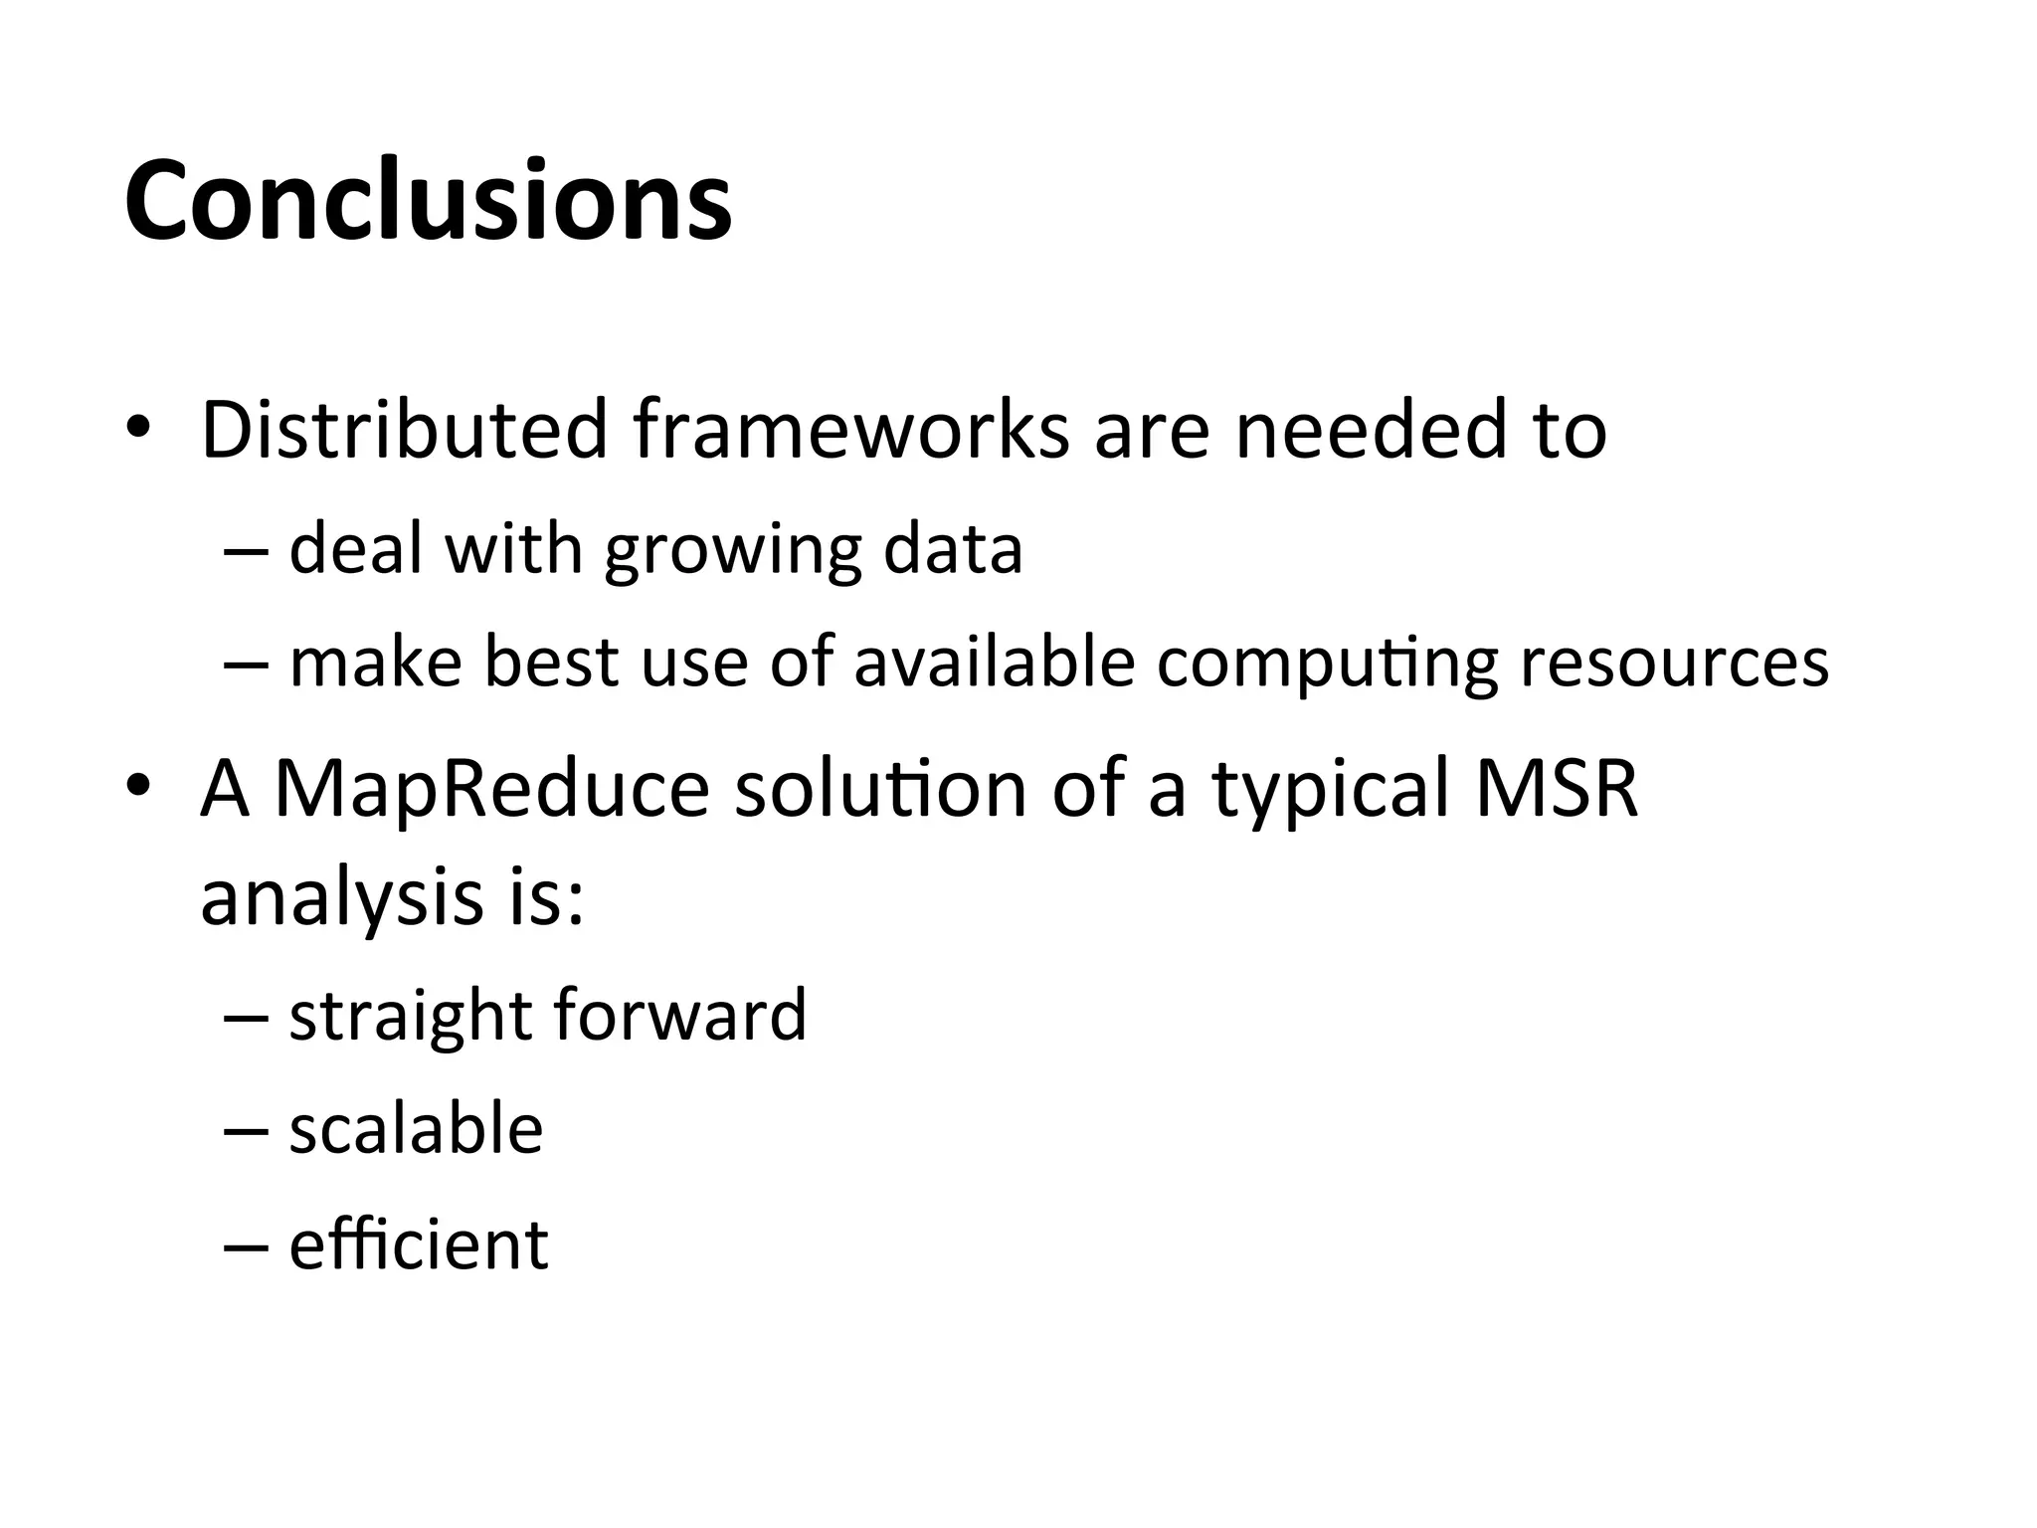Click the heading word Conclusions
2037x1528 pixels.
(x=428, y=201)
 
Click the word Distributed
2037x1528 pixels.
(x=404, y=430)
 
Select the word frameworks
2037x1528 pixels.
(x=850, y=430)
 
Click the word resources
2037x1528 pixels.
(x=1674, y=665)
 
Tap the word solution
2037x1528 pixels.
(x=880, y=788)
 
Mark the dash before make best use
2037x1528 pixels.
(x=247, y=664)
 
